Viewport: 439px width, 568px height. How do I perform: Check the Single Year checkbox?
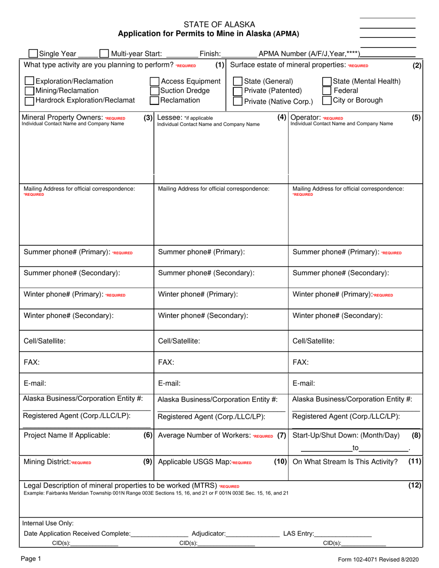tap(33, 54)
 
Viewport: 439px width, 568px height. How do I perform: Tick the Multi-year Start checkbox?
tap(104, 54)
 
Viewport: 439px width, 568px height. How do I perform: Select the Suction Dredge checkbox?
tap(155, 91)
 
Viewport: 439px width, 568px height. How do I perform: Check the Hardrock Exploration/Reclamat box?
tap(29, 100)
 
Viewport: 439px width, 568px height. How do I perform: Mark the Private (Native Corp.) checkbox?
tap(238, 101)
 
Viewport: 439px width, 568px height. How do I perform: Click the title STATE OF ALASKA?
tap(219, 24)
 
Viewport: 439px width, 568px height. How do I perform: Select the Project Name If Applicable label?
tap(67, 435)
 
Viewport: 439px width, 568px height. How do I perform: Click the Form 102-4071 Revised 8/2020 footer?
tap(378, 559)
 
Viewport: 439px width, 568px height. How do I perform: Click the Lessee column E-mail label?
tap(169, 383)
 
